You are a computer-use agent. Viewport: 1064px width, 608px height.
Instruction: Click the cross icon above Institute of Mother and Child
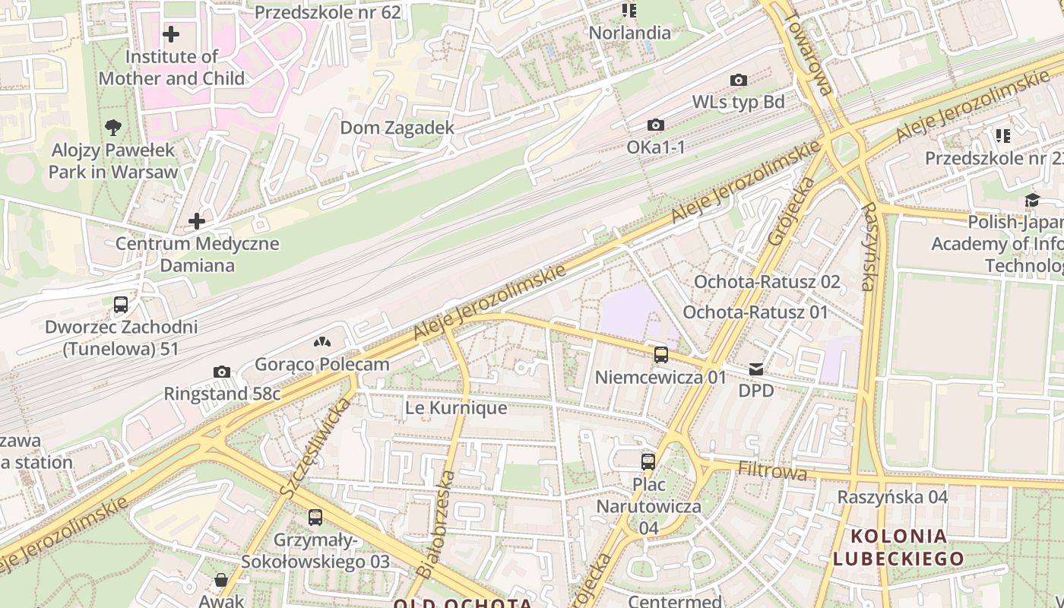171,34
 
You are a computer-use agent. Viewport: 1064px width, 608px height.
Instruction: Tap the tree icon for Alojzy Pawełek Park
113,128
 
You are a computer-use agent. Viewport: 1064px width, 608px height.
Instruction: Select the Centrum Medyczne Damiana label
197,255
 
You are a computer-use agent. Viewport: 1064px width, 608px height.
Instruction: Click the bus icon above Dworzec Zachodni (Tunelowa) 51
121,305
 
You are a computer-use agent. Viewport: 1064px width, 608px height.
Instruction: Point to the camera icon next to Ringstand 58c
222,372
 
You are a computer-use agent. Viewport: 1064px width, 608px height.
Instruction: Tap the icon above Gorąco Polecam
322,343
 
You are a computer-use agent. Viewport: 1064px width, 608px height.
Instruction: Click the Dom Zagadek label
397,128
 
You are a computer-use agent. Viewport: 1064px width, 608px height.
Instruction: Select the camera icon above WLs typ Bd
738,80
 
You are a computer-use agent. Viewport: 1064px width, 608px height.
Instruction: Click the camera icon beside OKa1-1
656,125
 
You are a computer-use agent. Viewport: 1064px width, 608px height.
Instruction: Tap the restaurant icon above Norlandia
629,11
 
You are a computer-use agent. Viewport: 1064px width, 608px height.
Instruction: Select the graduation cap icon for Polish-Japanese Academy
1032,200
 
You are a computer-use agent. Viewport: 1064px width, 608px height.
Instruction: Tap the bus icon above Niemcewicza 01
661,354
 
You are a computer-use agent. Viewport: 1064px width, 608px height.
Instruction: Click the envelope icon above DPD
756,369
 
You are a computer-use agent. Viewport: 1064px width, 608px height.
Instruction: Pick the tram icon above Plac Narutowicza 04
648,461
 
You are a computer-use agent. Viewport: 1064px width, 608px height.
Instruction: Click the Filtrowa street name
772,471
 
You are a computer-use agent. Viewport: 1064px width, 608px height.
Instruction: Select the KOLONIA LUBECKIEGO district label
898,547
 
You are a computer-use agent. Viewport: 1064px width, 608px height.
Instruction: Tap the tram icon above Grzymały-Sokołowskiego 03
315,518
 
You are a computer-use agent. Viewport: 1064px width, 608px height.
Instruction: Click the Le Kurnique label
455,408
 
